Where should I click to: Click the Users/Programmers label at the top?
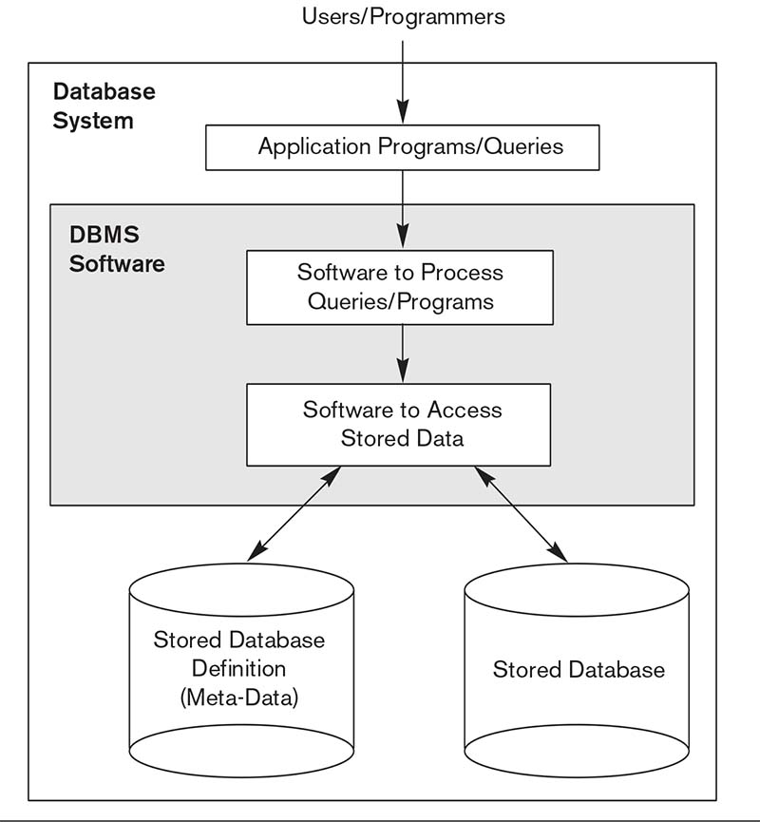tap(403, 16)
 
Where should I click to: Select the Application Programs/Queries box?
tap(403, 148)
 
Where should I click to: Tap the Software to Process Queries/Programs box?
tap(400, 287)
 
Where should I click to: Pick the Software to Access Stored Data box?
tap(398, 424)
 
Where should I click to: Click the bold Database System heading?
tap(104, 106)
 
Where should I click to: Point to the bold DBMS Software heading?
tap(117, 249)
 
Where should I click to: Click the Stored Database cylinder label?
tap(579, 669)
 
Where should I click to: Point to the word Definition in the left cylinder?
tap(238, 669)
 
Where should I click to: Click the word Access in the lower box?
tap(465, 411)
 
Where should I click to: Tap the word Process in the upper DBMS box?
tap(462, 273)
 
